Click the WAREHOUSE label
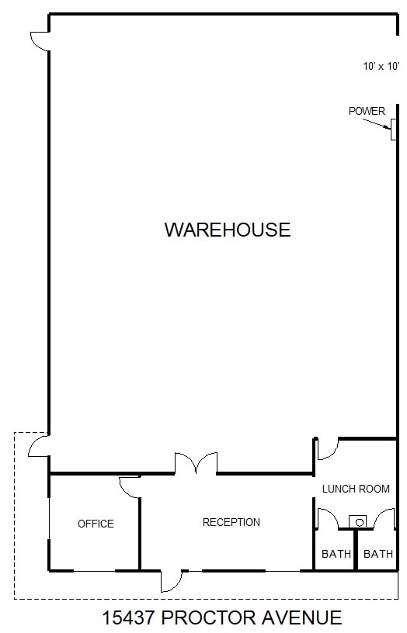[x=227, y=230]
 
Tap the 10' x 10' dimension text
[x=380, y=67]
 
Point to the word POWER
[x=367, y=111]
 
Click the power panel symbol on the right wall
[x=394, y=130]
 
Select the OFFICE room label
[x=96, y=524]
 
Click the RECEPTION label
[x=231, y=522]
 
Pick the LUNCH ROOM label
[x=356, y=489]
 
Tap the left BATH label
[x=336, y=554]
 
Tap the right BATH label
[x=378, y=554]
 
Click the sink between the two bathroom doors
[x=358, y=521]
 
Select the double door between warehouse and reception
[x=196, y=464]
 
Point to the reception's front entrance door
[x=171, y=580]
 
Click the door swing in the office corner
[x=130, y=486]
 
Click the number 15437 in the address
[x=130, y=618]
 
